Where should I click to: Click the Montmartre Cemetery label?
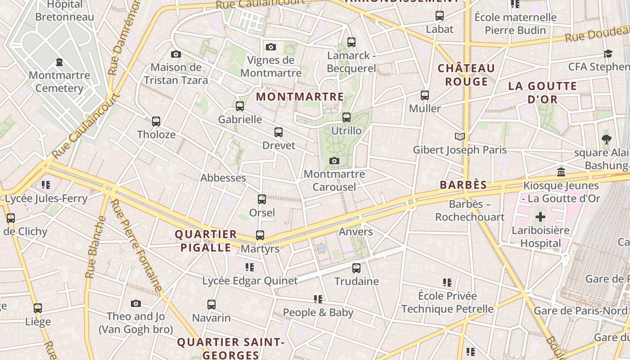click(59, 81)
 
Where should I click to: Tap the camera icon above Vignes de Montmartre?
click(270, 47)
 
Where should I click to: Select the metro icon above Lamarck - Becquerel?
click(351, 42)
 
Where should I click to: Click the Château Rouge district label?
click(466, 75)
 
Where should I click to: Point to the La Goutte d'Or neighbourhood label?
click(542, 92)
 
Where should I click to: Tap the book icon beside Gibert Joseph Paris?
click(459, 136)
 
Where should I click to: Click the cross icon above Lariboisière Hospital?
click(540, 217)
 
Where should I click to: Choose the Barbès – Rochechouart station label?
click(470, 211)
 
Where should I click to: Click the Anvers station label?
click(355, 232)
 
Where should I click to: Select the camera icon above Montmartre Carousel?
click(334, 161)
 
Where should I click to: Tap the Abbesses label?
click(223, 178)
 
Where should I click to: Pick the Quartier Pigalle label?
click(206, 241)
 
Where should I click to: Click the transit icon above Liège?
click(38, 308)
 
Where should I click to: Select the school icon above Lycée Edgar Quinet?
click(250, 267)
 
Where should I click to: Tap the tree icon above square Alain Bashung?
click(606, 139)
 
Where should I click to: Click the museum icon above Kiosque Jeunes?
click(561, 172)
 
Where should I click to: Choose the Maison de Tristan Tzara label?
click(176, 74)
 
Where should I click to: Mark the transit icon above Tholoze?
click(156, 121)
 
